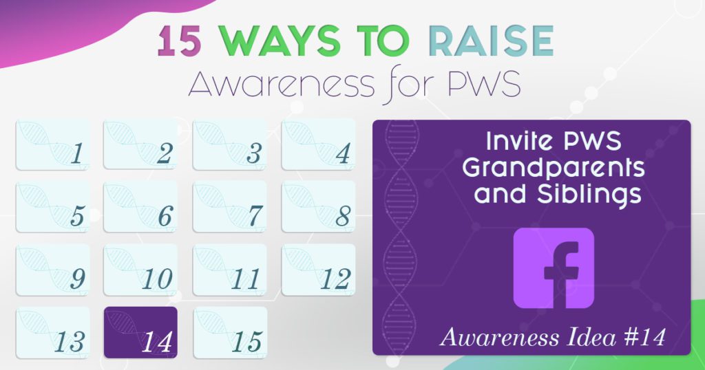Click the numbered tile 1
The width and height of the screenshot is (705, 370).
(x=52, y=144)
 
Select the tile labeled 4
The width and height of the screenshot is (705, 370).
(x=319, y=144)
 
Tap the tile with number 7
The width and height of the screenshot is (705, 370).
(x=230, y=206)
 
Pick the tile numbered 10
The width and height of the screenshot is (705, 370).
(x=140, y=270)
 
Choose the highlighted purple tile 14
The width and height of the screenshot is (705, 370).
(x=140, y=332)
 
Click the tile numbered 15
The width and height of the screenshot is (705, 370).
(x=230, y=332)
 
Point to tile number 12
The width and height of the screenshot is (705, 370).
(x=319, y=270)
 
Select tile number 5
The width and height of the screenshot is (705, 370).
(x=52, y=206)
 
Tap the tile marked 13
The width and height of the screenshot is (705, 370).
(x=52, y=332)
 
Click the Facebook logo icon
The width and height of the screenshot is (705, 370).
(x=554, y=268)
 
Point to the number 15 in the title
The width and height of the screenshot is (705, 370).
(x=176, y=43)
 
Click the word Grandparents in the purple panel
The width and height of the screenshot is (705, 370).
(x=554, y=168)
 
